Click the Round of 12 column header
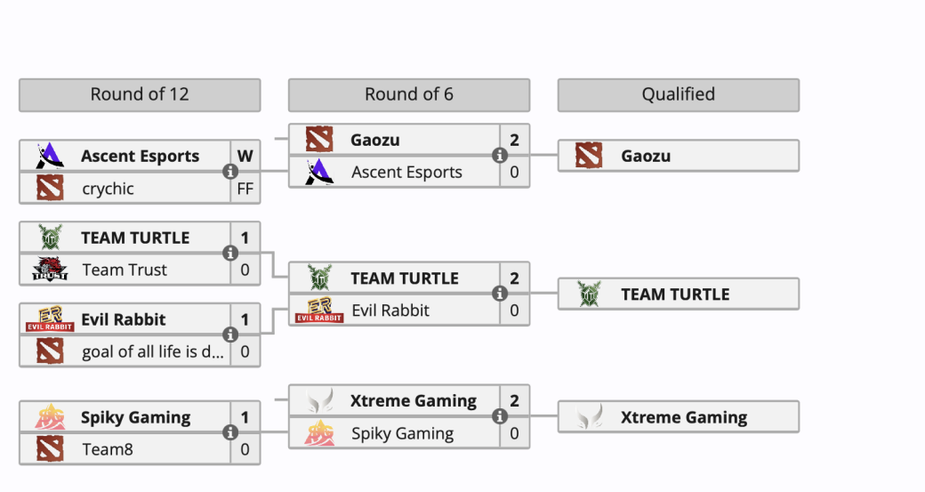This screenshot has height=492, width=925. click(140, 94)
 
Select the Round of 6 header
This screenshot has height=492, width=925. click(408, 94)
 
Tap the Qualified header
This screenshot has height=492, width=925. click(678, 94)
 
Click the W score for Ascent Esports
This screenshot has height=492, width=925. click(245, 156)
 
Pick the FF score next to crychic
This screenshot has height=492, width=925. click(245, 188)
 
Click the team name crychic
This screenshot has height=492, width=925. click(108, 188)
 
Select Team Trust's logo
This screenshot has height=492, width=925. click(50, 270)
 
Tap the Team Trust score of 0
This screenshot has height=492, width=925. click(245, 270)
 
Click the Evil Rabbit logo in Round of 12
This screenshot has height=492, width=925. click(50, 319)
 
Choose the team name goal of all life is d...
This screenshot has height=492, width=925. click(152, 351)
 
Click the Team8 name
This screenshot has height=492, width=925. click(108, 449)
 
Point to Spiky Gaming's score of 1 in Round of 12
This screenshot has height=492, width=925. click(245, 417)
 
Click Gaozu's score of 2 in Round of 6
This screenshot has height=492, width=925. click(514, 140)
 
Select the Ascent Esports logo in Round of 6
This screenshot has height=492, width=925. click(319, 172)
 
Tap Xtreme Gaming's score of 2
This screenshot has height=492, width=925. click(514, 401)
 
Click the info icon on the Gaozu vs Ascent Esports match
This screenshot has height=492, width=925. click(500, 156)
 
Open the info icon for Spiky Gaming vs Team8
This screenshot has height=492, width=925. click(230, 432)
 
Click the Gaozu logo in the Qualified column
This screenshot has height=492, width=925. click(588, 156)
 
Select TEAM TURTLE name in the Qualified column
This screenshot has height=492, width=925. click(675, 294)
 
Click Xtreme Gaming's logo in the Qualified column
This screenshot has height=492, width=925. click(588, 417)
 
